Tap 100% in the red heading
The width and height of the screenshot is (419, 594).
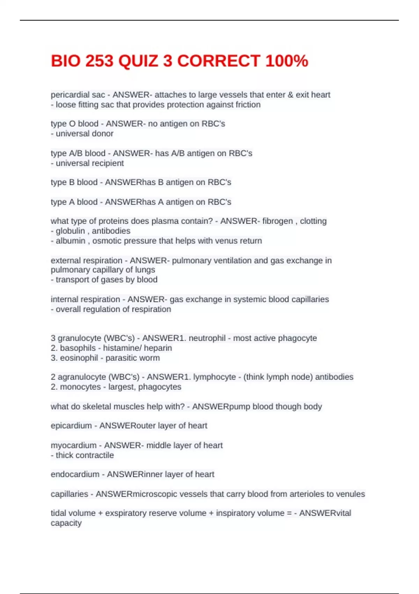(x=287, y=61)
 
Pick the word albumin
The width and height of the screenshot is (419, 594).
(x=71, y=241)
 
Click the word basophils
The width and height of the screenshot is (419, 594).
(x=78, y=348)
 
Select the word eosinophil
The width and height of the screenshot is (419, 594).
(x=79, y=358)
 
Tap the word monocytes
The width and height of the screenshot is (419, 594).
(x=80, y=387)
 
